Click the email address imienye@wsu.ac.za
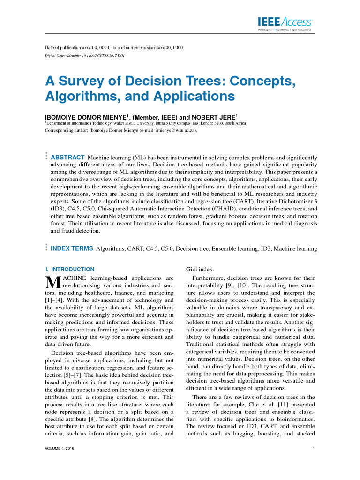tap(175, 131)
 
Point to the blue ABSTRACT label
tap(67, 157)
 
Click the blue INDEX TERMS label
tap(71, 248)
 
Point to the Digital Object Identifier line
tap(85, 56)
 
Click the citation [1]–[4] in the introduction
tap(53, 300)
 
